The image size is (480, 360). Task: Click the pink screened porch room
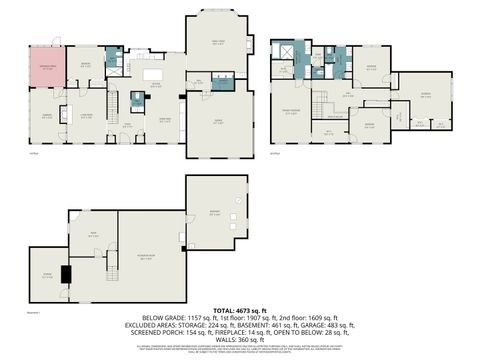tap(46, 67)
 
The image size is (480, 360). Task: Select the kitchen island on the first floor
tap(154, 74)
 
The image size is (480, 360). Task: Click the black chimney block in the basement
tap(66, 273)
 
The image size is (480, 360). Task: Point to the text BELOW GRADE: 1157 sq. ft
tap(182, 319)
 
